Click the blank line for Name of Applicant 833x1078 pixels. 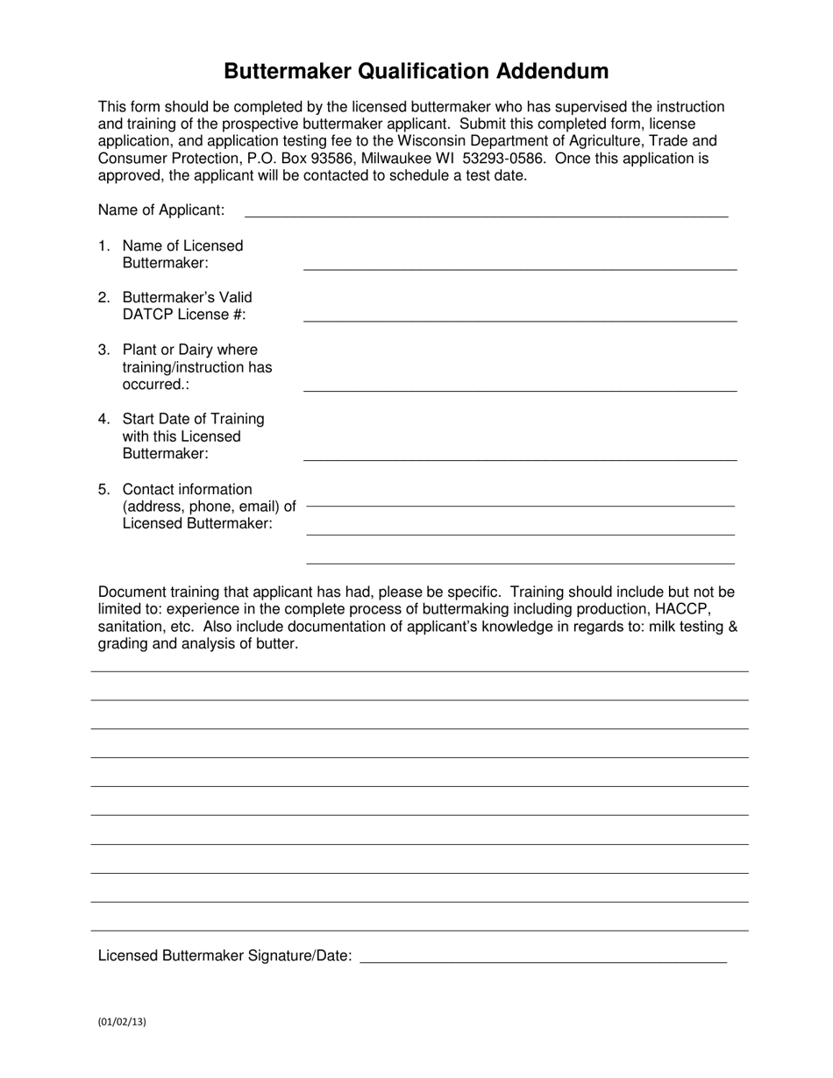[486, 214]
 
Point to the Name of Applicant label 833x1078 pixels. [161, 210]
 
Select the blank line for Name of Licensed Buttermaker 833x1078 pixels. [520, 267]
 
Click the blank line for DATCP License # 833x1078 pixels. [520, 320]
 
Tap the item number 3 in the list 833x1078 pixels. [104, 350]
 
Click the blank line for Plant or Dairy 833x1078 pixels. [520, 389]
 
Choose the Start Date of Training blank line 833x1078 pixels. [520, 458]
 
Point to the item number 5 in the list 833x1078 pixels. [104, 489]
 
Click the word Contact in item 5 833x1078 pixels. [149, 489]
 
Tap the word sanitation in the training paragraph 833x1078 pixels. [132, 627]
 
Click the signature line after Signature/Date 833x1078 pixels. [544, 961]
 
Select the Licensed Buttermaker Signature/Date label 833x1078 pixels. [225, 956]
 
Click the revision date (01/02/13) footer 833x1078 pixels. [122, 1021]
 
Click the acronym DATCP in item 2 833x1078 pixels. [148, 315]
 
